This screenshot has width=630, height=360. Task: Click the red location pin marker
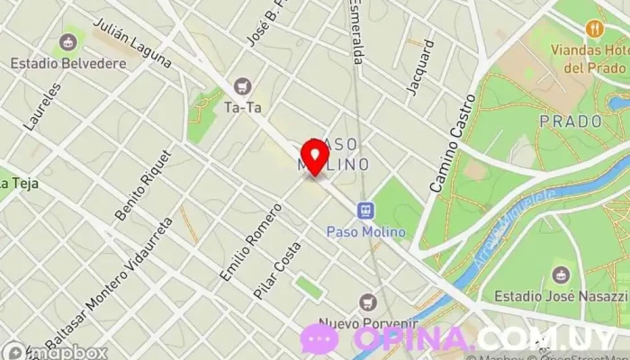coord(315,157)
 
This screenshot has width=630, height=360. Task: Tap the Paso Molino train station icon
coord(365,211)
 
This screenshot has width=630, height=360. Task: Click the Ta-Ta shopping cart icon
coord(241,86)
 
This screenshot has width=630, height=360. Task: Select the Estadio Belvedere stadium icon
coord(67,41)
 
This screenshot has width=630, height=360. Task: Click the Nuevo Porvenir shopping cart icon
coord(367,301)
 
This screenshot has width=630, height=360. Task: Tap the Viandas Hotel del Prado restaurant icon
coord(593,28)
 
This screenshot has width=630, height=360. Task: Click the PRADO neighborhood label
coord(570,121)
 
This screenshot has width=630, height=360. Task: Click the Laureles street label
coord(44,107)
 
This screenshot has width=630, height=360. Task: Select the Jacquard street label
coord(420,67)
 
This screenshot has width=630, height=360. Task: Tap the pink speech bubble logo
coord(319,339)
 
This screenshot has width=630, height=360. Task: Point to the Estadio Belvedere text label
coord(67,64)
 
